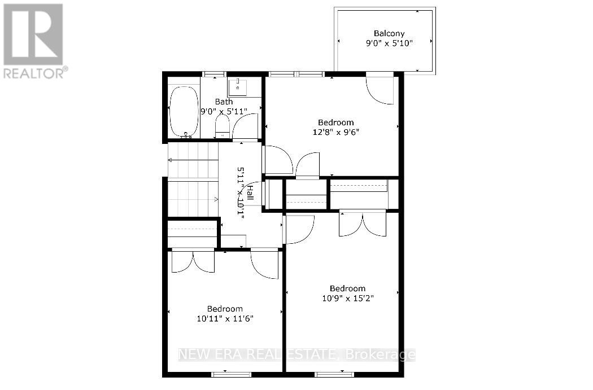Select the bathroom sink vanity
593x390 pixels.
click(244, 87)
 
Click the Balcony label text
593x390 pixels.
click(389, 33)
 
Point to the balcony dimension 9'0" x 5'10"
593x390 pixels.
click(389, 43)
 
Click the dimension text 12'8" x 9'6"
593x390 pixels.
click(335, 132)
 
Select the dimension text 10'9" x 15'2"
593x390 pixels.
click(347, 298)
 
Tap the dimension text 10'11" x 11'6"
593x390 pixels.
click(225, 318)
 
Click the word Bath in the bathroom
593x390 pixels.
click(224, 102)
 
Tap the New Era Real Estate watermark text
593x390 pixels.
click(296, 355)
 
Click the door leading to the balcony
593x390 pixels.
click(380, 89)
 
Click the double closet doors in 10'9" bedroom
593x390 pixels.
click(363, 223)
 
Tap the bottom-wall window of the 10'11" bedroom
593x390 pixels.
click(232, 374)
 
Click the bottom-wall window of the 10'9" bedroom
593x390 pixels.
click(334, 374)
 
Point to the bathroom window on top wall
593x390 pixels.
click(215, 74)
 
